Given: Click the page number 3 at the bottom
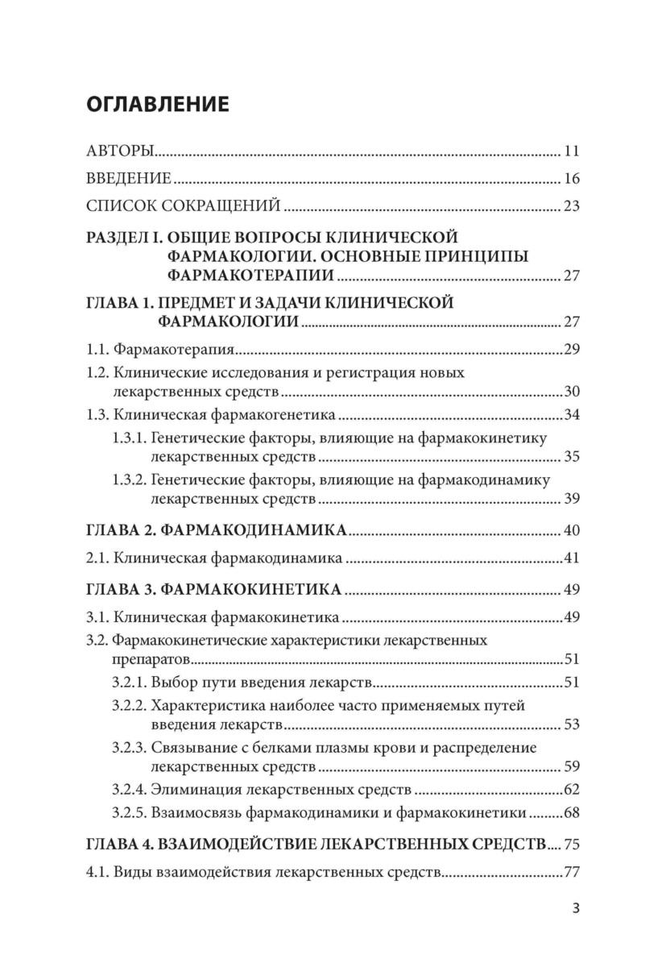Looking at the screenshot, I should pyautogui.click(x=575, y=908).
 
